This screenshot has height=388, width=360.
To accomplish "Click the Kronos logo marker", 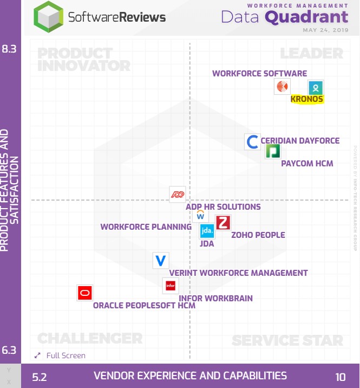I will point(316,87).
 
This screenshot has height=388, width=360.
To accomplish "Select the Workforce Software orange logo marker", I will point(282,86).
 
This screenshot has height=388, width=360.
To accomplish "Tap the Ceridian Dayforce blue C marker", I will point(252,142).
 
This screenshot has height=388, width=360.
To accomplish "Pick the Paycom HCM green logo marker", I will point(273,151).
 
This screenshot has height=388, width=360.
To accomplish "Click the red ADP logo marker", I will point(178,194).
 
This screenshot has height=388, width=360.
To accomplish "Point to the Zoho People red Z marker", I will point(223,223).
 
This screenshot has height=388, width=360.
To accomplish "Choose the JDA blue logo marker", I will point(207,231).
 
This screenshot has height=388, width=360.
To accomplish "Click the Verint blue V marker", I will point(161,261).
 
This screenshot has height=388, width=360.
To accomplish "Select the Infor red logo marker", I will point(171,285).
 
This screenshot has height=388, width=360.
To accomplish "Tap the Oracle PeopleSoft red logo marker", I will point(84,293).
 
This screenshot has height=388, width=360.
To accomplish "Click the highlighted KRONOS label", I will point(307,99).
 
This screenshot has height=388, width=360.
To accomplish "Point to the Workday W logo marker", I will point(200,215).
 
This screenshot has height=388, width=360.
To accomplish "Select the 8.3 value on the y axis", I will point(9,49).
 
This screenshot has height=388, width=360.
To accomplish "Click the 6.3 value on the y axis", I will point(9,350).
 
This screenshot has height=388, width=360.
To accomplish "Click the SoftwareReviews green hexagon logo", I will point(48,17).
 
